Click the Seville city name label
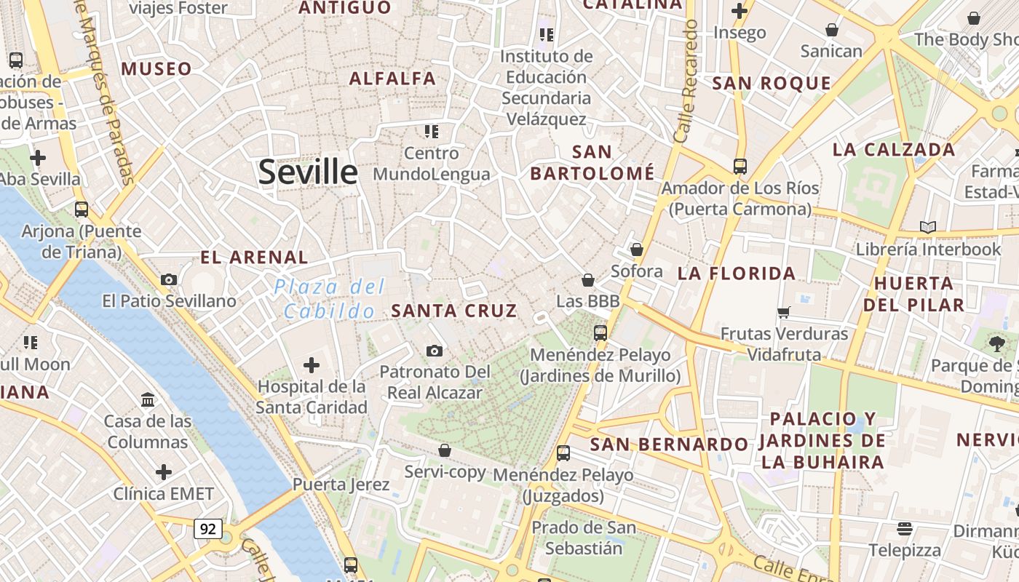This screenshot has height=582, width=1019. tap(308, 172)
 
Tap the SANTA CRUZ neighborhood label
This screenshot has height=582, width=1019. tap(454, 311)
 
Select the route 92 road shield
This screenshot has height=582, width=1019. tap(207, 529)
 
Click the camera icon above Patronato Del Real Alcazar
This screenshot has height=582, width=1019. tap(435, 351)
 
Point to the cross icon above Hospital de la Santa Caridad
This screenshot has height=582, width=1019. tap(312, 364)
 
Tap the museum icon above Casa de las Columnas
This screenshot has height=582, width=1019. tap(148, 399)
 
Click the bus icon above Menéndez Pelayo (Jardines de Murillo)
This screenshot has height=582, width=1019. tap(600, 333)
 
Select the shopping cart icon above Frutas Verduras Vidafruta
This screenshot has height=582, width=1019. tap(784, 312)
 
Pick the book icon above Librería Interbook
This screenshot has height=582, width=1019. tap(927, 228)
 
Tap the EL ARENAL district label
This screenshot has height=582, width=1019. tap(254, 258)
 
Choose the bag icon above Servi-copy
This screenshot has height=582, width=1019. tap(445, 450)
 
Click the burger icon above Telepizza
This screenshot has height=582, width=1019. tap(905, 528)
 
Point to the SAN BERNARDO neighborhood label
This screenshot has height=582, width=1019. tap(669, 445)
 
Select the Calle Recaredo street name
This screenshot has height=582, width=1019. tap(686, 81)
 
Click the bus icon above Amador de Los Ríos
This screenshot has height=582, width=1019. tap(740, 167)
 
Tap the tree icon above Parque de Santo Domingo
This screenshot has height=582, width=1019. tap(996, 343)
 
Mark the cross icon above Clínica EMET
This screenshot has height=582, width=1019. tap(164, 472)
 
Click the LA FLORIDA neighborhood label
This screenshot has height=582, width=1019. tap(737, 274)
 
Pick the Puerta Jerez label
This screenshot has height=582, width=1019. tap(341, 485)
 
